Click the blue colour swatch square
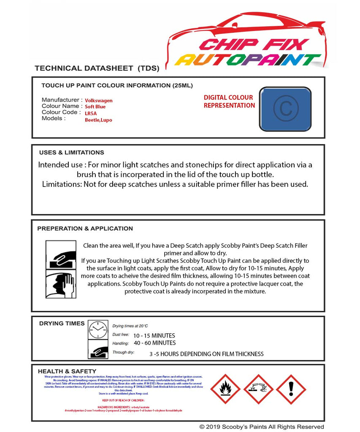coord(285,108)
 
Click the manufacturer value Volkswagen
coord(99,101)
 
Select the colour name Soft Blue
coord(95,107)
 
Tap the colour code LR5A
coord(91,113)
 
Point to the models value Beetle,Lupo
coord(98,120)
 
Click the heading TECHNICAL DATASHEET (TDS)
coord(97,68)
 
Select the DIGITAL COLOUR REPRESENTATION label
coord(229,102)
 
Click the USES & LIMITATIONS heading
coord(71,152)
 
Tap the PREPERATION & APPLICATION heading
coord(85,228)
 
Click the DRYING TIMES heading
coord(62,324)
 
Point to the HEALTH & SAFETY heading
coord(67,371)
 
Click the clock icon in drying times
coord(98,329)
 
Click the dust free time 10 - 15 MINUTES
coord(154,336)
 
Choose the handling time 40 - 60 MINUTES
coord(154,343)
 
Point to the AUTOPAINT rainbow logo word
coord(248,60)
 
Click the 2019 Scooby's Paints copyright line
coord(262,427)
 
